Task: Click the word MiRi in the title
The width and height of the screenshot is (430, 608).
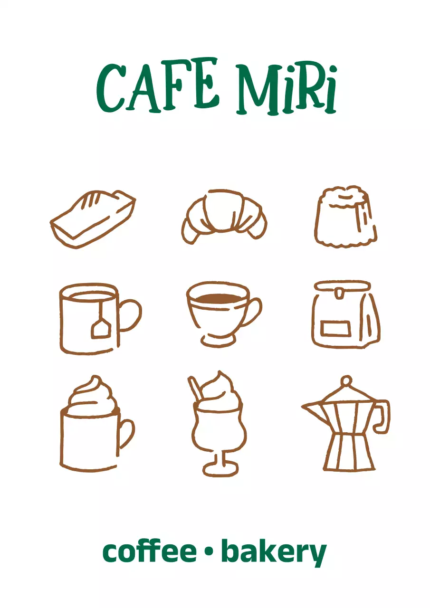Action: (286, 90)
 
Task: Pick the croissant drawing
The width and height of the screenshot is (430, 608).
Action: (224, 216)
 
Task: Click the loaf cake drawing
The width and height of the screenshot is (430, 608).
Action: (93, 219)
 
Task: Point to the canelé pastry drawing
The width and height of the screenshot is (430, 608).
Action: (345, 217)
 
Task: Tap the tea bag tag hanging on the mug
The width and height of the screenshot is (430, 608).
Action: (101, 328)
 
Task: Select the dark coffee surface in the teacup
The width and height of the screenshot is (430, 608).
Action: (219, 298)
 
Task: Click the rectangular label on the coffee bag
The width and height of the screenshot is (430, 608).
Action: (335, 328)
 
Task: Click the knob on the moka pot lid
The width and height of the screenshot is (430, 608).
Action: (346, 381)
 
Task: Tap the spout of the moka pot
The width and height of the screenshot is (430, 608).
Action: (312, 408)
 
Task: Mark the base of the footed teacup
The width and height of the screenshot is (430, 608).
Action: (218, 340)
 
